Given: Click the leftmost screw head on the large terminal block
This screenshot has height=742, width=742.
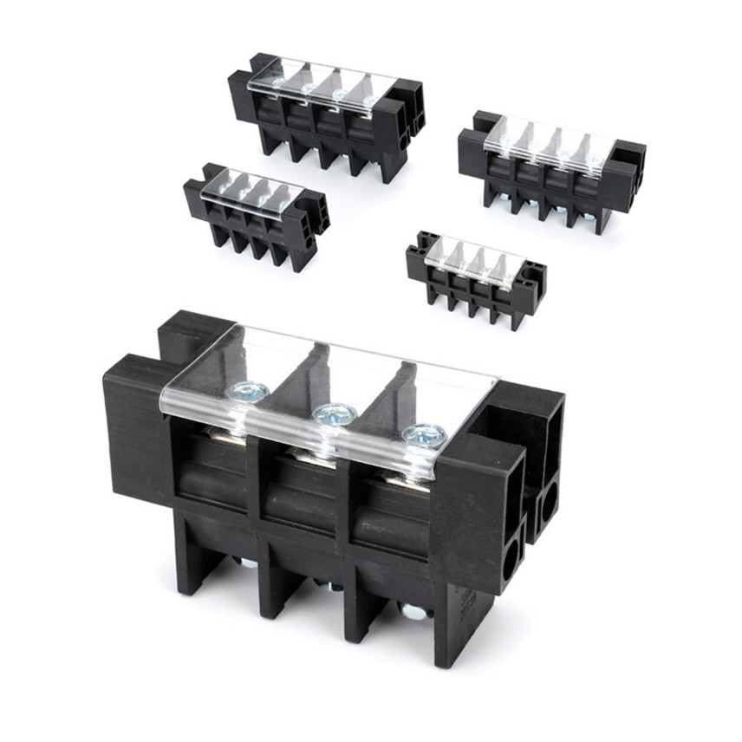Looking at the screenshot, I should [249, 392].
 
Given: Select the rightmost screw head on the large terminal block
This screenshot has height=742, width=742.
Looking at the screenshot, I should [425, 436].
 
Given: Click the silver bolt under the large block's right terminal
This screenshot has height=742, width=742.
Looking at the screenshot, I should [413, 612].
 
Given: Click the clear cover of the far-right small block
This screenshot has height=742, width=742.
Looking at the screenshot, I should [549, 140].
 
